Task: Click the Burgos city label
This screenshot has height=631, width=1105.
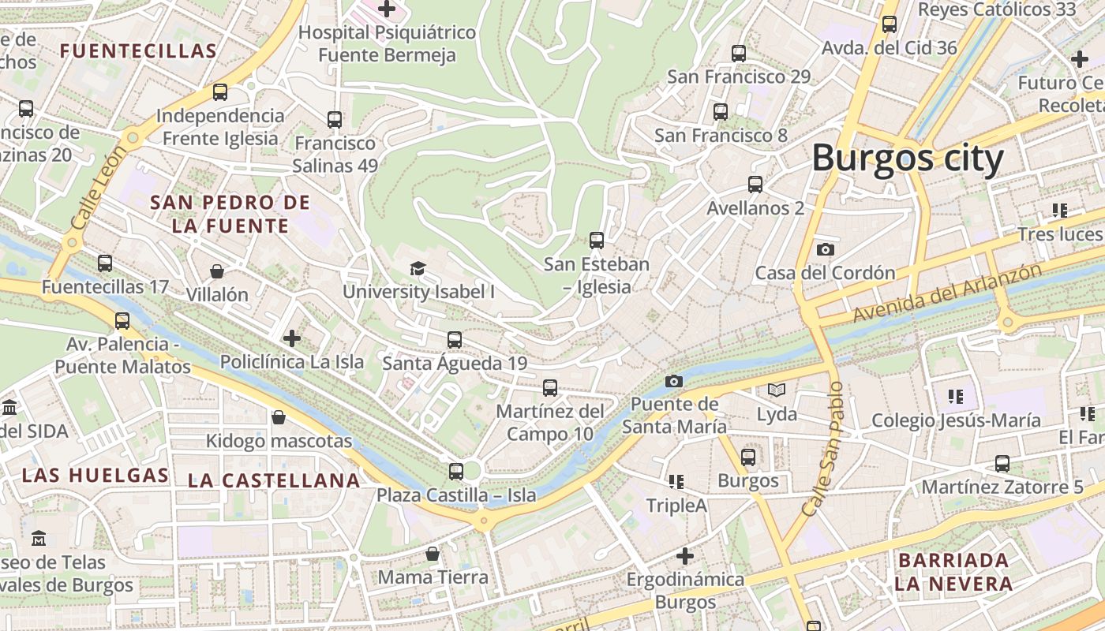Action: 908,159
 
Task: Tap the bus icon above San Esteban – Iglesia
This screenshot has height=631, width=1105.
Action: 597,240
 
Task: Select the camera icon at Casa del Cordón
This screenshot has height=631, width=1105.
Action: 826,249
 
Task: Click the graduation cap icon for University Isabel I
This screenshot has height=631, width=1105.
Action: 418,268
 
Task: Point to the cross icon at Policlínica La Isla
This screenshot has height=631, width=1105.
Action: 292,338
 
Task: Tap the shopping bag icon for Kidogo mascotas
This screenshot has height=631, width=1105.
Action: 278,416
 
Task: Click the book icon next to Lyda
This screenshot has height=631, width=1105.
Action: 777,390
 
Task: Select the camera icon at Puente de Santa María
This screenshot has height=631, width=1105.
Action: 673,381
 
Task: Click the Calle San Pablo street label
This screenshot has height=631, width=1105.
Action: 824,450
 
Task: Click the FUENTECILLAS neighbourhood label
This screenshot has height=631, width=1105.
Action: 138,52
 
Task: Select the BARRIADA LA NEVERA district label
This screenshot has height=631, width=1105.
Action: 953,572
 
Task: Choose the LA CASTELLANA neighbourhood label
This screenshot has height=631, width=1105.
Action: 274,480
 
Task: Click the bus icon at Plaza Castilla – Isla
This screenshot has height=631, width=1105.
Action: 456,472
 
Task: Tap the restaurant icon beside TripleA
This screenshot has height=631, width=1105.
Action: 676,480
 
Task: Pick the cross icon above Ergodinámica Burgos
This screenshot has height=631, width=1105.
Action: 685,556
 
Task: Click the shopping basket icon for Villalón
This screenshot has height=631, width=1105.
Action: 217,271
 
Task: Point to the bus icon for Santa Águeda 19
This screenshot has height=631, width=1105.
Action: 455,340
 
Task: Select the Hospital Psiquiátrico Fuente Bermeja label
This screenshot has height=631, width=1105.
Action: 387,43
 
